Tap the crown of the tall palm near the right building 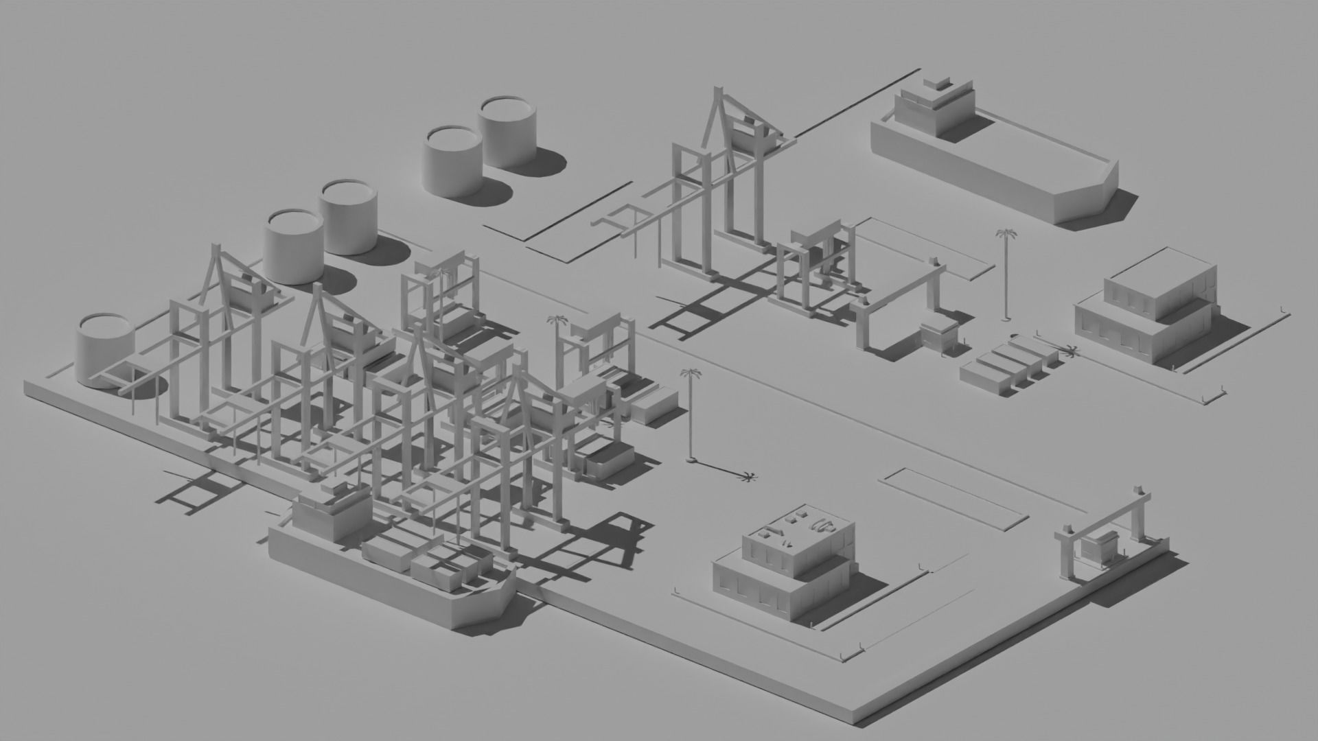[x=1006, y=234]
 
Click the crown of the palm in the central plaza [x=691, y=374]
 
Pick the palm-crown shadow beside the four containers [x=1070, y=352]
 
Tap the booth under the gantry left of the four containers [x=939, y=336]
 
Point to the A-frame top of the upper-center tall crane [x=719, y=93]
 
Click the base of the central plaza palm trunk [x=691, y=459]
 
